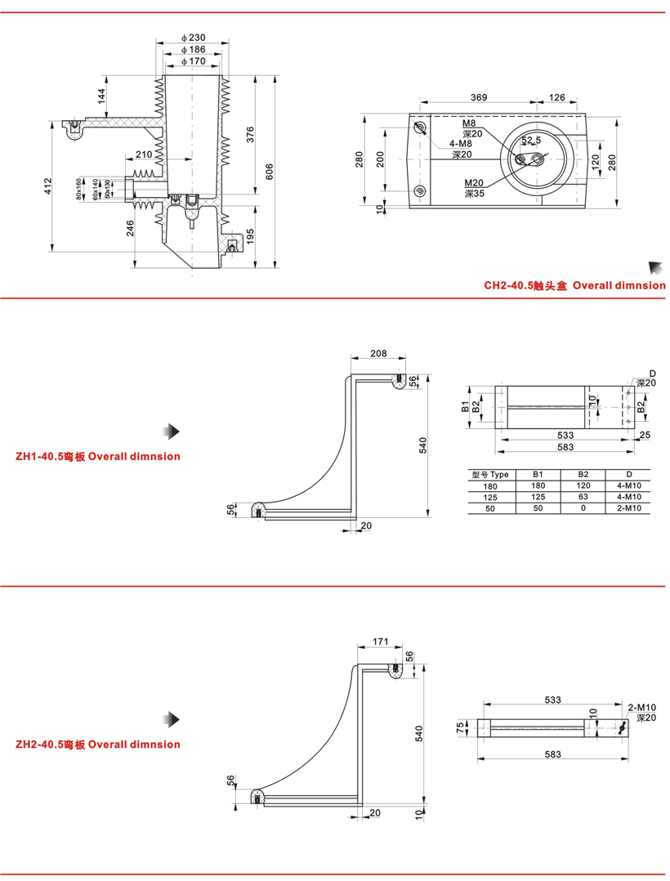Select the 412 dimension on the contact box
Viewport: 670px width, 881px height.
[x=49, y=186]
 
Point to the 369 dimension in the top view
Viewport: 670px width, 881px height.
[x=479, y=97]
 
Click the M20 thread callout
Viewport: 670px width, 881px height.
[x=475, y=183]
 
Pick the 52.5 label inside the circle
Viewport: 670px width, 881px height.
[x=531, y=141]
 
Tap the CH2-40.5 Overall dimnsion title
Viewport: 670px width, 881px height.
[x=574, y=285]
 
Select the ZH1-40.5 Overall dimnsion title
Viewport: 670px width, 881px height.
[x=98, y=456]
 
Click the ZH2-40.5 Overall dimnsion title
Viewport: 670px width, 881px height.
[x=98, y=745]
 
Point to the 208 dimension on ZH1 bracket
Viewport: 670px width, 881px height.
[x=378, y=355]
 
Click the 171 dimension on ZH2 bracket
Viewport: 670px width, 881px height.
[x=380, y=642]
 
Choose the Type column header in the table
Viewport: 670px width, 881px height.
[x=489, y=474]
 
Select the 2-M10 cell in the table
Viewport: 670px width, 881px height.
[x=628, y=508]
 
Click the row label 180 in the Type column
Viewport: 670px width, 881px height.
[x=489, y=485]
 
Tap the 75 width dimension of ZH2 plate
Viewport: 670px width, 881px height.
[x=461, y=725]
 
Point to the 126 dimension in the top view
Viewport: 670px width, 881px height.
[x=556, y=97]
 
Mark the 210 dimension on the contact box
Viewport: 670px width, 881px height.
[x=144, y=154]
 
